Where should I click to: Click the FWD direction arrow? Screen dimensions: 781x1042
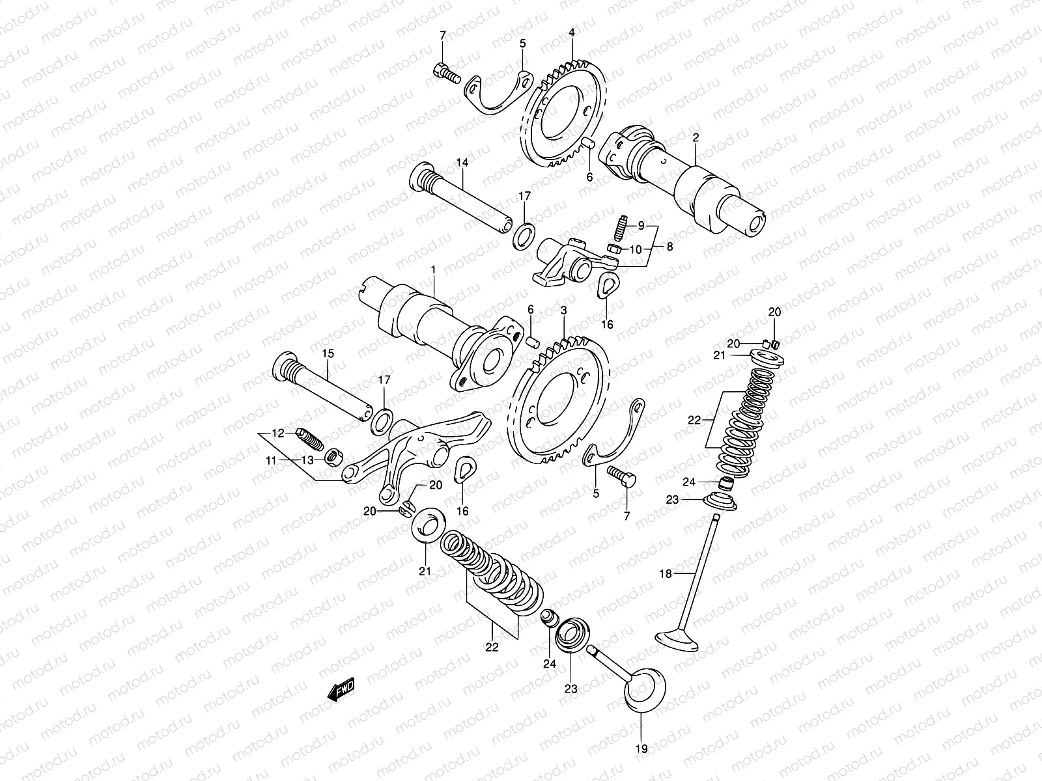coord(341,689)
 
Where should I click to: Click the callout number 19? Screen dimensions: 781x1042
coord(642,749)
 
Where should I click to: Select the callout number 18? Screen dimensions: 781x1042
coord(665,573)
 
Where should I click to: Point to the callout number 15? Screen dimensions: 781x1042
coord(327,354)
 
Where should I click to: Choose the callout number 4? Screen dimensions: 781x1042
coord(571,32)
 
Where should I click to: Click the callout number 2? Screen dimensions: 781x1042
coord(696,139)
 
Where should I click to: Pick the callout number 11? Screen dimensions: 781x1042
coord(272,460)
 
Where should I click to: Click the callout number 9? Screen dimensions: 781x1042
coord(640,226)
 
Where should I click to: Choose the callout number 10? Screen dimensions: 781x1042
coord(636,249)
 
